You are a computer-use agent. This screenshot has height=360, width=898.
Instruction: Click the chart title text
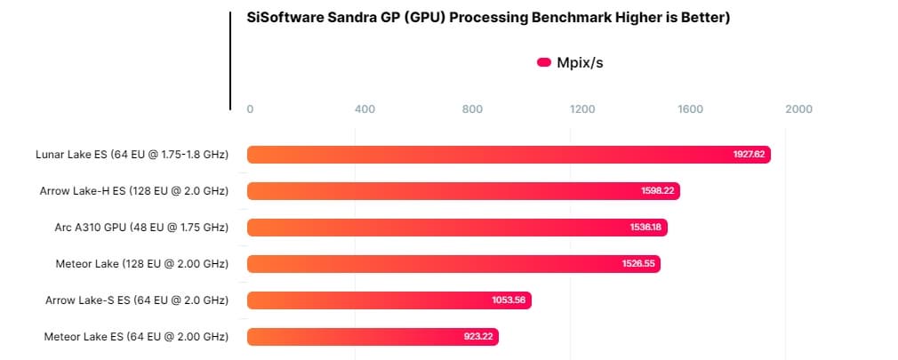(488, 18)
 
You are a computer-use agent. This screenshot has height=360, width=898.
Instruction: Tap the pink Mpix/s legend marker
(544, 62)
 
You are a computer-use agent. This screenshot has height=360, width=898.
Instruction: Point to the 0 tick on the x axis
(250, 109)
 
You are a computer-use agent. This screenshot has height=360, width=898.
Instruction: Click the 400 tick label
(365, 109)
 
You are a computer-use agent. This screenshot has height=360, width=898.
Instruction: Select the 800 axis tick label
(473, 109)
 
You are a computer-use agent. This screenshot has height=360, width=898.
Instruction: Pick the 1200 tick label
(582, 109)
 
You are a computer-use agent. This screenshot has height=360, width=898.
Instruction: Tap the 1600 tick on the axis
(691, 109)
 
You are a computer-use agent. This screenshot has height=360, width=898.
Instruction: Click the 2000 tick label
(799, 109)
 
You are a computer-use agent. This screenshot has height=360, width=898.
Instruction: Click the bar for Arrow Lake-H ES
(463, 191)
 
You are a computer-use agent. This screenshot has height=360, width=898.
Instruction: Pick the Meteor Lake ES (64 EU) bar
(373, 337)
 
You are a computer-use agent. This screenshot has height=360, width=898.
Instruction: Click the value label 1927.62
(749, 155)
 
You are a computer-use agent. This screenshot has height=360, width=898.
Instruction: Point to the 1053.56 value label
(509, 300)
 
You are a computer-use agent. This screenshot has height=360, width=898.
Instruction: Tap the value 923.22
(477, 337)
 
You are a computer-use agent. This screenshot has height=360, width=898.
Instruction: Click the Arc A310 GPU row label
(141, 228)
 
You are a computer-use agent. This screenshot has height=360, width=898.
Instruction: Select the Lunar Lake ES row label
(132, 155)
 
